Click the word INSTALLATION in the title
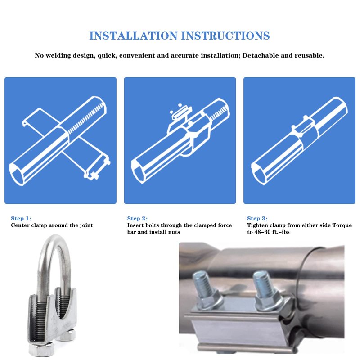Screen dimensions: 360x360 pyautogui.click(x=133, y=36)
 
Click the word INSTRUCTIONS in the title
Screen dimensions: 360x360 pyautogui.click(x=225, y=36)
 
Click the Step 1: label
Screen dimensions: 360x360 pyautogui.click(x=21, y=218)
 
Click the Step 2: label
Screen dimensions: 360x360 pyautogui.click(x=138, y=218)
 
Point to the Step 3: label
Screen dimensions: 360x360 pyautogui.click(x=257, y=218)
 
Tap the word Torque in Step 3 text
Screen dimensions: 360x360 pyautogui.click(x=342, y=225)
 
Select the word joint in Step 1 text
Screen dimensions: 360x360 pyautogui.click(x=86, y=225)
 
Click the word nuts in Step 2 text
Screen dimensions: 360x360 pyautogui.click(x=174, y=232)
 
